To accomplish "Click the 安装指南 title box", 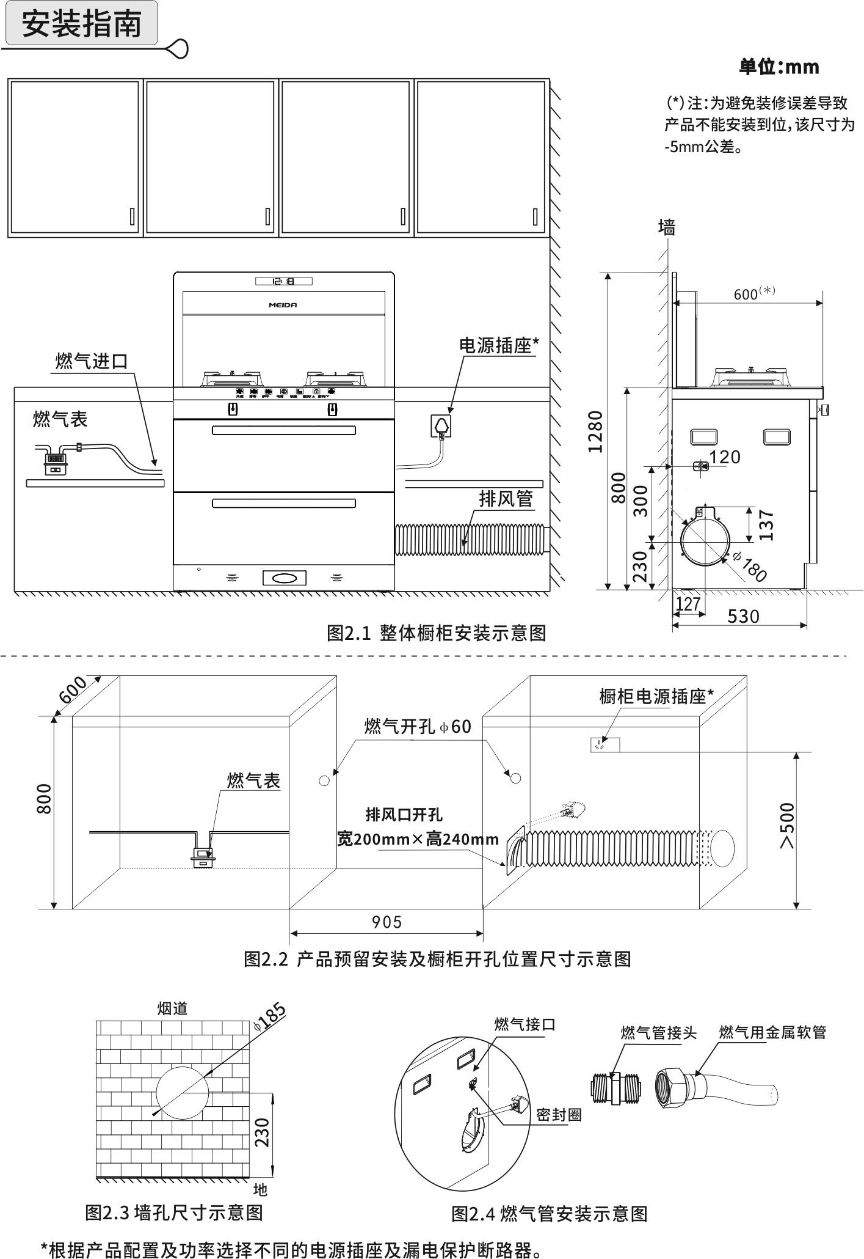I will tap(81, 24).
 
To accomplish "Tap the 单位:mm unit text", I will tap(779, 67).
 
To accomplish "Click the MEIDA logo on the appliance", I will tap(283, 304).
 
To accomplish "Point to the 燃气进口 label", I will tap(92, 361).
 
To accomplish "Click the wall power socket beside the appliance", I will tap(441, 425).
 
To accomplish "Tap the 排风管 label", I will tap(506, 499).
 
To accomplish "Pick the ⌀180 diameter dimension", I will tap(749, 567).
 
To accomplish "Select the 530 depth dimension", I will tap(743, 615).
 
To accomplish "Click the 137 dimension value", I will tap(766, 525).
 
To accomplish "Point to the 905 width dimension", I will tap(387, 922).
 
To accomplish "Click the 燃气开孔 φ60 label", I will tap(418, 726).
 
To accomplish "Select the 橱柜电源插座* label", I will tap(656, 696).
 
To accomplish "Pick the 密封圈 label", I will tap(559, 1114).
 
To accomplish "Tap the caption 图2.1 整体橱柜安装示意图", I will tap(436, 633).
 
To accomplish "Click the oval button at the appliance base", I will tap(284, 578).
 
